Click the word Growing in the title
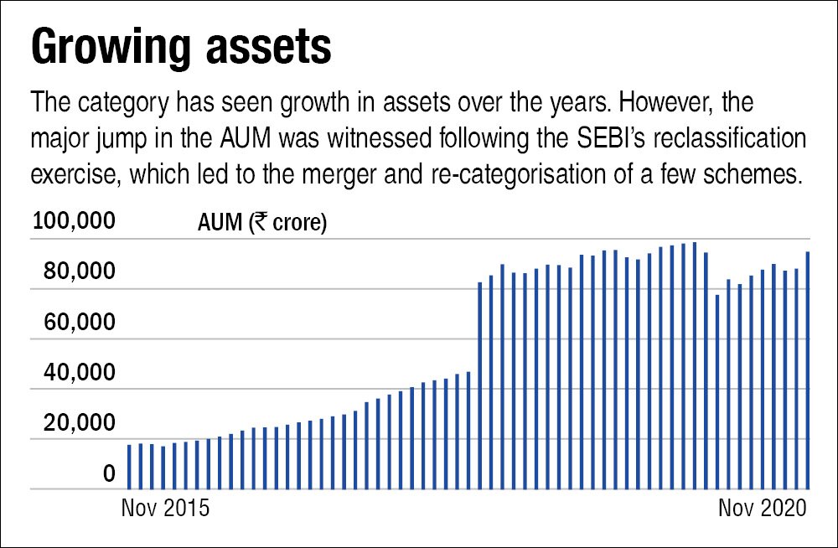click(x=106, y=48)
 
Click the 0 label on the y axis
click(x=109, y=475)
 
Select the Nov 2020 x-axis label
click(x=761, y=508)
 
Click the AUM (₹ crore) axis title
click(x=262, y=224)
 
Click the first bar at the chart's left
click(x=129, y=467)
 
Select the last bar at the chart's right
click(x=808, y=370)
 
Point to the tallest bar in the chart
click(x=695, y=365)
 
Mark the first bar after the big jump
click(x=480, y=385)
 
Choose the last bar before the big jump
click(x=468, y=430)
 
